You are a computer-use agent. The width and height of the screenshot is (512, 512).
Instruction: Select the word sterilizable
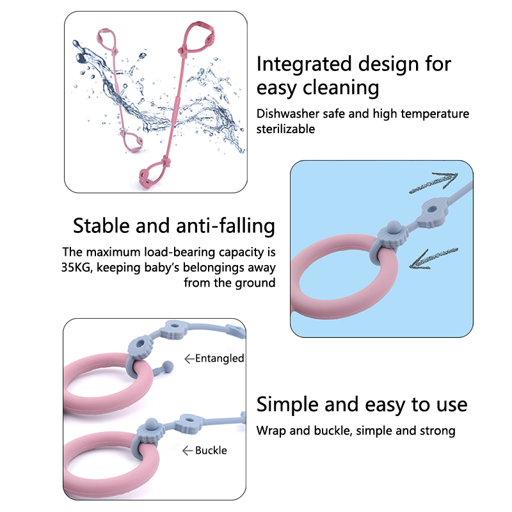tap(286, 129)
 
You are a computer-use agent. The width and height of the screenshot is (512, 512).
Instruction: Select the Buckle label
tap(211, 451)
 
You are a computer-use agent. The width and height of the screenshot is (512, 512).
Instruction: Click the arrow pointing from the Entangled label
tap(189, 359)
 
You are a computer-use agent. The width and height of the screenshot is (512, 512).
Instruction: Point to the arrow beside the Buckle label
tap(188, 451)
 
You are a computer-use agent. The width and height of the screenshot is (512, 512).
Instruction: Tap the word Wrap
tap(271, 431)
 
